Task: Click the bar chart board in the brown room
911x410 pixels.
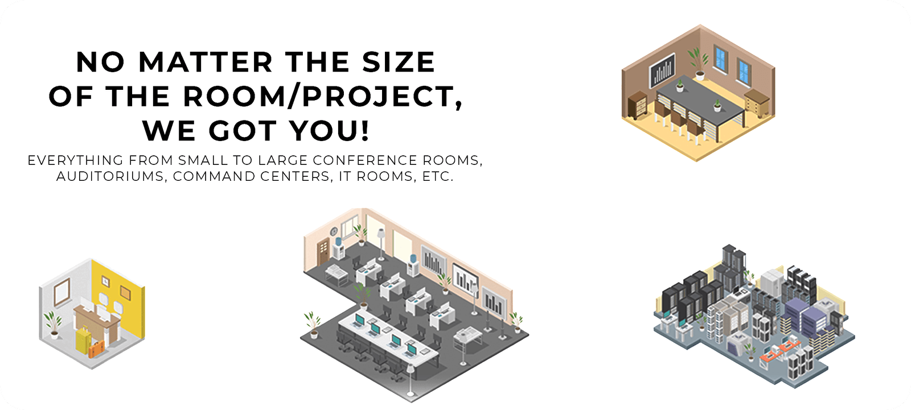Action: (x=662, y=71)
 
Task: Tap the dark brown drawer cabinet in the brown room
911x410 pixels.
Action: (x=637, y=105)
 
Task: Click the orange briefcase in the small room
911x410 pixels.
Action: (x=96, y=350)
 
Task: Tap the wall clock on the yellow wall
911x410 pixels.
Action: (x=105, y=281)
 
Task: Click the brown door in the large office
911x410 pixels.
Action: (x=324, y=252)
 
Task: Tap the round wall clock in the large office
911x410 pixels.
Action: (x=334, y=231)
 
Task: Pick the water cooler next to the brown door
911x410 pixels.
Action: (x=338, y=248)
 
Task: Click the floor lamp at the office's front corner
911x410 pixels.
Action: (x=411, y=380)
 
